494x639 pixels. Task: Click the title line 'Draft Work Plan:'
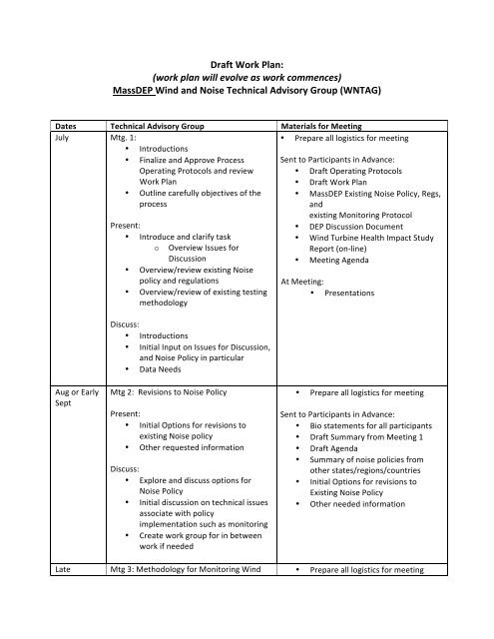247,60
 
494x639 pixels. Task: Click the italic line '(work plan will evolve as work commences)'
247,76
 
